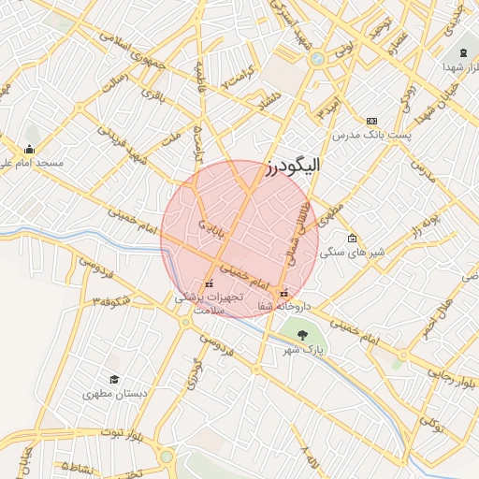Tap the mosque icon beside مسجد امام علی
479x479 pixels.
(x=30, y=149)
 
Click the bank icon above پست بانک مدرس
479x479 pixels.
(x=371, y=121)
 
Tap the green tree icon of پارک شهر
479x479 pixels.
(x=301, y=334)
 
